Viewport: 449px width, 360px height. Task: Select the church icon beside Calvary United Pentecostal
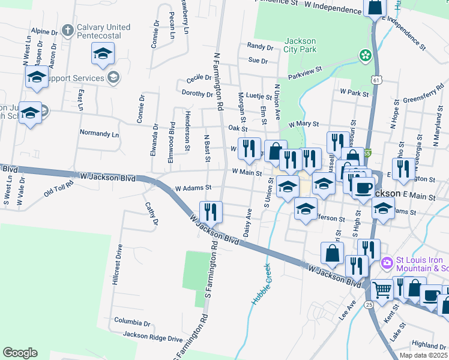[68, 29]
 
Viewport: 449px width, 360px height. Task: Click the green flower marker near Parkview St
[365, 56]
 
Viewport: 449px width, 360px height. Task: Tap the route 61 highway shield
[376, 80]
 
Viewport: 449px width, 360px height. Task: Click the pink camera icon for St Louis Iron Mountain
[387, 262]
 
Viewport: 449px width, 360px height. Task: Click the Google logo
[20, 353]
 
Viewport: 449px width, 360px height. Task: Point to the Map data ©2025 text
[423, 355]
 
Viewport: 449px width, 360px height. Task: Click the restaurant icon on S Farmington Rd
[210, 212]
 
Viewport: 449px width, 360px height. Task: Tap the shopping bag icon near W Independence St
[375, 8]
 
